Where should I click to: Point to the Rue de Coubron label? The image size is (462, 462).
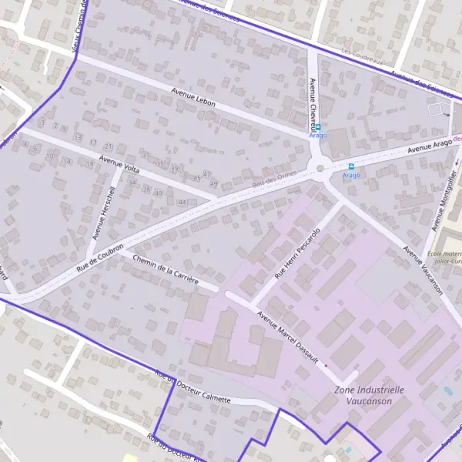[102, 256]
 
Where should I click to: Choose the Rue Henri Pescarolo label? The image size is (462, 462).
[296, 253]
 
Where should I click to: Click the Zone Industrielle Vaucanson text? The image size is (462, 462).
[369, 395]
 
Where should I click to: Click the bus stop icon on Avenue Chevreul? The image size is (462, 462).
[318, 127]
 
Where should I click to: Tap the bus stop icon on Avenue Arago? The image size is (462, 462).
[352, 166]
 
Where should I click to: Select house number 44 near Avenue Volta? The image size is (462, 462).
[182, 202]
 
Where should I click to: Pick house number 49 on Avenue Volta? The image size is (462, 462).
[213, 182]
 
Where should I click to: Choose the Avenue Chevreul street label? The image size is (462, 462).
[313, 102]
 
